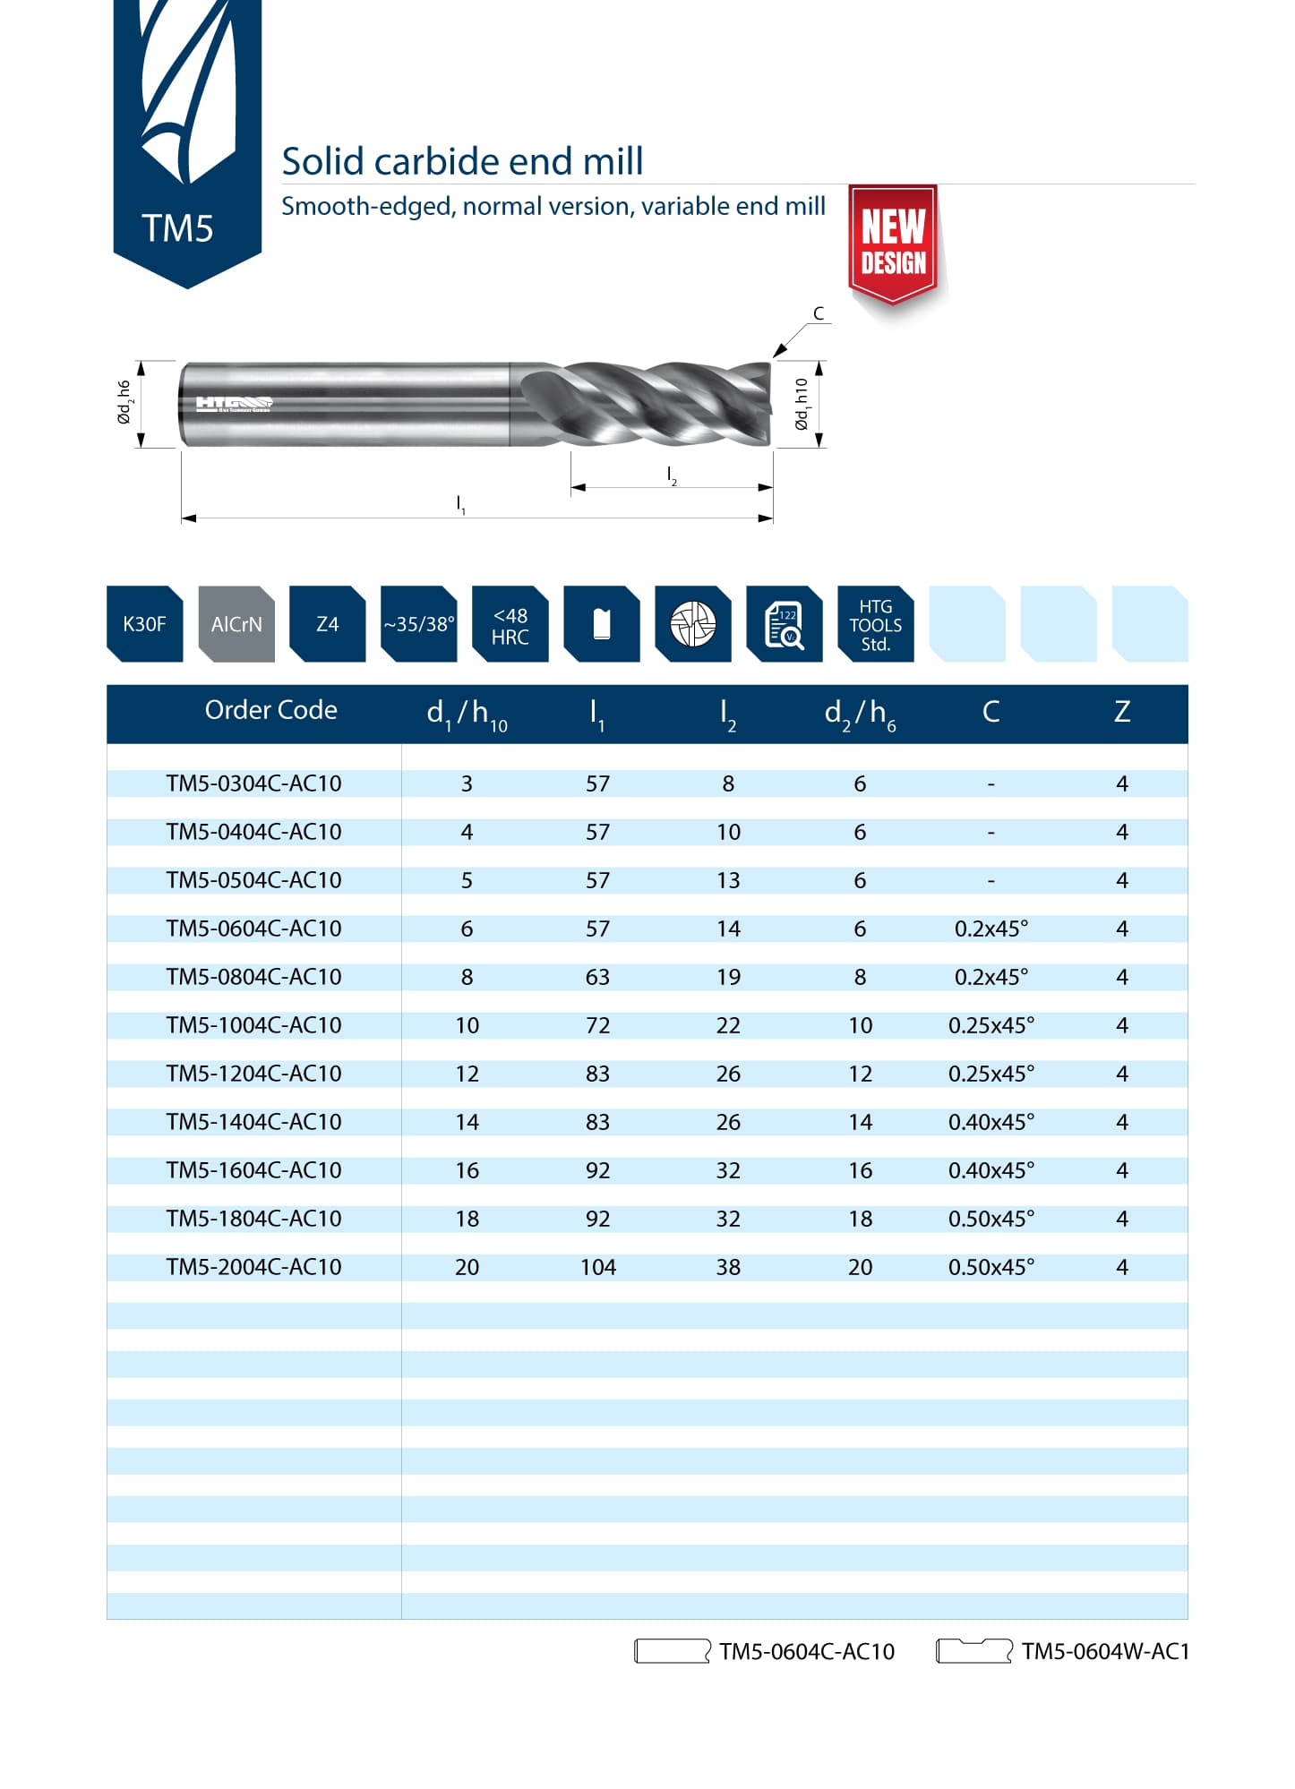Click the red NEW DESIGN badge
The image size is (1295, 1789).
[x=893, y=242]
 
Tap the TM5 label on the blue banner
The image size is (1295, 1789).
[x=177, y=228]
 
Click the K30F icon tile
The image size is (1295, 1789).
[x=144, y=624]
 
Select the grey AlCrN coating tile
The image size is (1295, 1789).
[x=236, y=624]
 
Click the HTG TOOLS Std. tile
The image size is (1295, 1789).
[x=875, y=625]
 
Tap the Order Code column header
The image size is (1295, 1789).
[x=270, y=710]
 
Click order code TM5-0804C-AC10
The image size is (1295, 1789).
[x=253, y=977]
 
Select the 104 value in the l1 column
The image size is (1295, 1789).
[x=597, y=1267]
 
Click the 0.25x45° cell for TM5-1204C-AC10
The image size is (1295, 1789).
[x=991, y=1074]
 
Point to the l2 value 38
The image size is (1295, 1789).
[x=728, y=1267]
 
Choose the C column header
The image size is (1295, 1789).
[x=991, y=712]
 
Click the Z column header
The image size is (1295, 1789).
[x=1121, y=712]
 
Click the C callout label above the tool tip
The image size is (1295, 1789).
[x=818, y=313]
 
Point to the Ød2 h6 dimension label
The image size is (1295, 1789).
[x=124, y=403]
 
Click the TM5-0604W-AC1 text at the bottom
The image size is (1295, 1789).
[x=1105, y=1651]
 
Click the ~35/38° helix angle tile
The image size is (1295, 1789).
[x=419, y=624]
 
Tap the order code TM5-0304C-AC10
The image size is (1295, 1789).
[x=253, y=783]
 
